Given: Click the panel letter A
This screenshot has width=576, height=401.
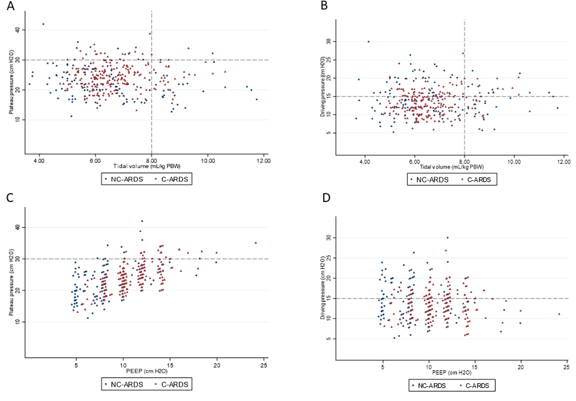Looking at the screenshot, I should (11, 6).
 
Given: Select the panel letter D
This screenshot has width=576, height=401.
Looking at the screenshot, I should (326, 198).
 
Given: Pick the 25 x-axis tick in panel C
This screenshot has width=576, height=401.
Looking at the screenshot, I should (264, 365).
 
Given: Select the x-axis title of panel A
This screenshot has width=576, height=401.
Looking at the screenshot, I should (147, 166).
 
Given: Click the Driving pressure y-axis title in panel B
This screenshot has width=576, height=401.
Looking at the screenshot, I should (323, 87).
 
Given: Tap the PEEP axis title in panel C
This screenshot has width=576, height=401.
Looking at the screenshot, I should (147, 371).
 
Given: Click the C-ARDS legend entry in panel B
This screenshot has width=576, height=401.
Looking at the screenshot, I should (476, 180).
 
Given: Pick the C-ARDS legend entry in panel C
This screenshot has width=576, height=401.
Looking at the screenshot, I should (172, 384).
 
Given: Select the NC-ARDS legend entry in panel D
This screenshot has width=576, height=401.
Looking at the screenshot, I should (429, 386).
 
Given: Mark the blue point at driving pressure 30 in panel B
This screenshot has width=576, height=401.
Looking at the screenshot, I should (369, 42).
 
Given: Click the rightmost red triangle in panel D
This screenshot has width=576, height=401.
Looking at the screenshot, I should (559, 314).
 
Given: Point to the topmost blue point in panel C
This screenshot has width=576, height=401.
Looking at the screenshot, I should (142, 221).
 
